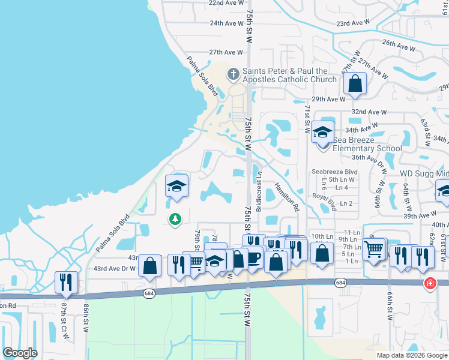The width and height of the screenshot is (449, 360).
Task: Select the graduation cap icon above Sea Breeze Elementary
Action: pos(322,132)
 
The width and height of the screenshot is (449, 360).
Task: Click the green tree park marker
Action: pos(175,220)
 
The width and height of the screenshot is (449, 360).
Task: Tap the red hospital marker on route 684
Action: pos(430,283)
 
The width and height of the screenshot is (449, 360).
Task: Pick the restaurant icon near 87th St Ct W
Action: pos(66,281)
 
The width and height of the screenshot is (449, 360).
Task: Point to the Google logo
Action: pos(20,353)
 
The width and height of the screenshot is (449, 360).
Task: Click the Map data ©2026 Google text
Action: pos(411,355)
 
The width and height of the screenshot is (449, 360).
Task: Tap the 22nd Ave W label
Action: pos(225,3)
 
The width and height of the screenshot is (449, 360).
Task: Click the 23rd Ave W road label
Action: pos(352,23)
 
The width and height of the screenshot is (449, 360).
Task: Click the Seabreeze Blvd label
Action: pos(334,172)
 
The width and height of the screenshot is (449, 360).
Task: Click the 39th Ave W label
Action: pos(420,215)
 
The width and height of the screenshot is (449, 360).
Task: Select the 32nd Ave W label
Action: pos(369,112)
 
